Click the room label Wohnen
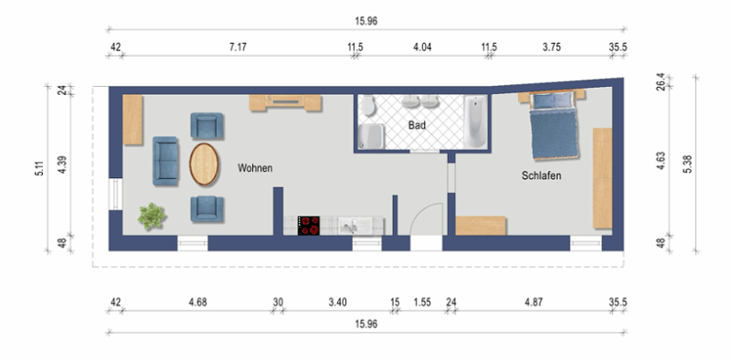pyautogui.click(x=255, y=168)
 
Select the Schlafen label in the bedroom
pyautogui.click(x=541, y=175)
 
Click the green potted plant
pyautogui.click(x=152, y=217)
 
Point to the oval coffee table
pyautogui.click(x=205, y=164)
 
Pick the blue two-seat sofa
pyautogui.click(x=166, y=158)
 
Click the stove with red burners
pyautogui.click(x=310, y=224)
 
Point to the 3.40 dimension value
pyautogui.click(x=336, y=302)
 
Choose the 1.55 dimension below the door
pyautogui.click(x=422, y=302)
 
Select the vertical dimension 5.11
pyautogui.click(x=39, y=168)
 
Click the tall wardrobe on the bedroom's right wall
pyautogui.click(x=602, y=178)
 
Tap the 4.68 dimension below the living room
pyautogui.click(x=197, y=302)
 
